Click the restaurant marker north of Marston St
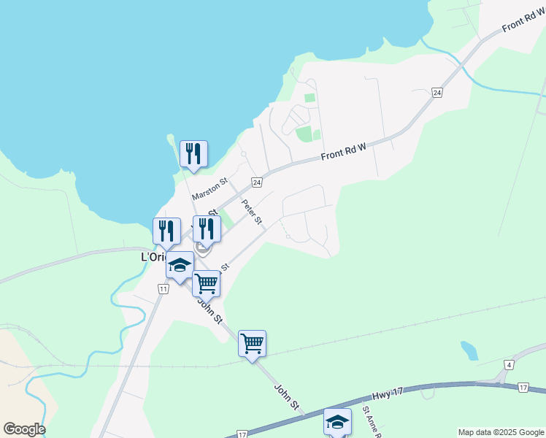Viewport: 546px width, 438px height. coord(193,154)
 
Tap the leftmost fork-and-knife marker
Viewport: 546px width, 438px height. coord(166,231)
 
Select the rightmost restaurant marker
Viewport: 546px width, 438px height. coord(207,228)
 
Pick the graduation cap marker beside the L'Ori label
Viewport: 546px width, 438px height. coord(180,265)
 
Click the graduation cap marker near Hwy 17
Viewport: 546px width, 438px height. coord(337,422)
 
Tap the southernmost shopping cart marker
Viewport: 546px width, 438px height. coord(252,343)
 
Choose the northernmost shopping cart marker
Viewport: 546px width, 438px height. coord(207,283)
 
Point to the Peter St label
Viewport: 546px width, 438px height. coord(252,212)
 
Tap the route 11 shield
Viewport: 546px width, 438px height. coord(162,289)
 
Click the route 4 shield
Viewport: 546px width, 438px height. coord(508,364)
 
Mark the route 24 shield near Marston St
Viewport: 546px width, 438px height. coord(256,181)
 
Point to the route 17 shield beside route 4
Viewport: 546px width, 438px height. coord(523,386)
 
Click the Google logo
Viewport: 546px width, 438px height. coord(23,429)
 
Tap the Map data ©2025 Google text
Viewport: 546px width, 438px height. coord(500,432)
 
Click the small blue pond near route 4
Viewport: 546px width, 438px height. coord(469,351)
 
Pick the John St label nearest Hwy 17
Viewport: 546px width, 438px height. coord(286,394)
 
